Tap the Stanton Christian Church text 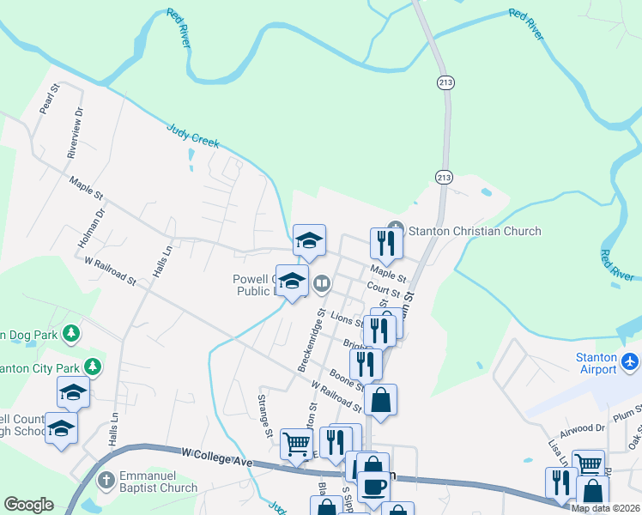475,231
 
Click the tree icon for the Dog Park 73,332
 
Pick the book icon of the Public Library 322,282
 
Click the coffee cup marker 372,487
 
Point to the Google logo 28,505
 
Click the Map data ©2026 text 605,508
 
